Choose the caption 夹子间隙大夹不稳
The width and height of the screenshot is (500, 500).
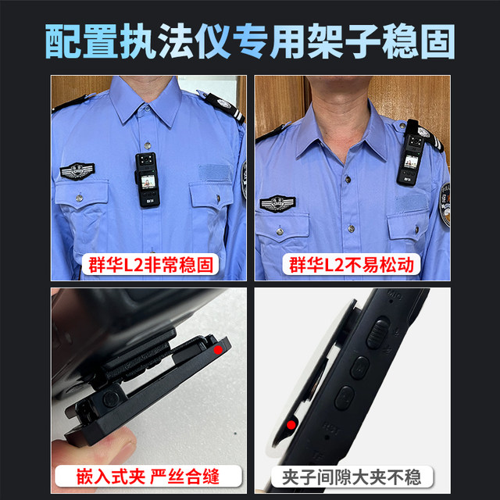(x=352, y=473)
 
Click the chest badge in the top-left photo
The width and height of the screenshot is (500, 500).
(x=77, y=170)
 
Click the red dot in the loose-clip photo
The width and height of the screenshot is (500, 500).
(x=291, y=425)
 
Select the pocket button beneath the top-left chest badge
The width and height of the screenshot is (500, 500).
(x=80, y=200)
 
